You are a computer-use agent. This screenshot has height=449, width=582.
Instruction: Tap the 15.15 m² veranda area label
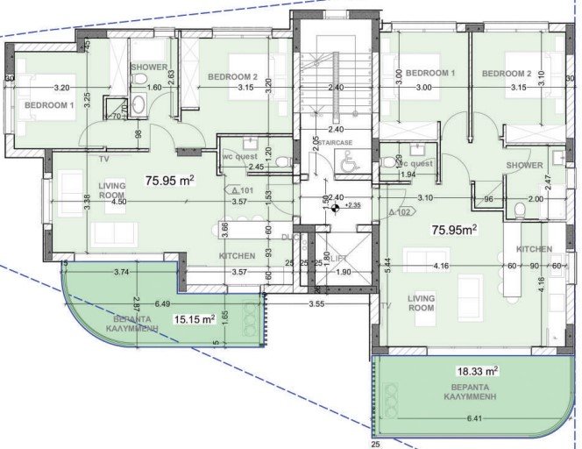click(194, 319)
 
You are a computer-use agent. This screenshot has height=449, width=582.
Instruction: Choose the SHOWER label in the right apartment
click(524, 165)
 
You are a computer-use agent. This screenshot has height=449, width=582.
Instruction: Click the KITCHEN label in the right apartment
click(534, 249)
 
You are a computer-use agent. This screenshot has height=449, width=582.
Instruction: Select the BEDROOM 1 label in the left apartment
click(48, 105)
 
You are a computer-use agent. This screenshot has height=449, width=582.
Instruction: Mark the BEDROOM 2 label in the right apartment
click(506, 73)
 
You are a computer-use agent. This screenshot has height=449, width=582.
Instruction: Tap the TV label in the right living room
click(386, 305)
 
